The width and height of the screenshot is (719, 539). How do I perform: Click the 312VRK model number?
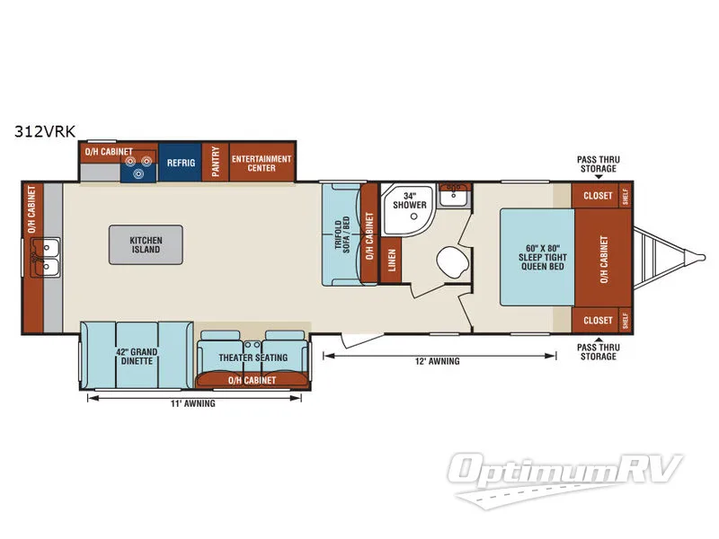coord(45,130)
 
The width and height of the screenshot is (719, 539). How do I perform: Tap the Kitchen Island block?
coord(145,244)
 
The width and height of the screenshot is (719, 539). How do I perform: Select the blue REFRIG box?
coord(180,163)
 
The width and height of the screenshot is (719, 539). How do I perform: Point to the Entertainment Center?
coord(262,163)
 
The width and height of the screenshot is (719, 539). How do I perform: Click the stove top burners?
coord(141,163)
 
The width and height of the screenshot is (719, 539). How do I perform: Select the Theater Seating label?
coord(253,358)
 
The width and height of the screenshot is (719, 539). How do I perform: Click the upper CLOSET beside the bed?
coord(597,195)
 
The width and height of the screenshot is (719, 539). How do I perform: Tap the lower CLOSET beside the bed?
coord(597,320)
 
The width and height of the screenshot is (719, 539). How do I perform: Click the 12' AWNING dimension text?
coord(439,362)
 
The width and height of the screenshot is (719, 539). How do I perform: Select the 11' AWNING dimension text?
coord(193,404)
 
